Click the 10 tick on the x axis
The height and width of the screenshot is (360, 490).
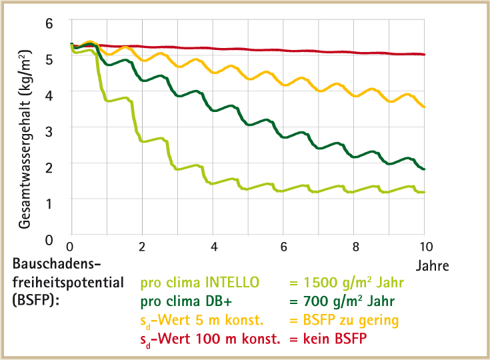425,246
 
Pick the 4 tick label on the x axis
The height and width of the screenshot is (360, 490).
213,246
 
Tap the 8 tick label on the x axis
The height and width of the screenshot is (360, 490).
355,246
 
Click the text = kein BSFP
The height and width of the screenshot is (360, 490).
328,340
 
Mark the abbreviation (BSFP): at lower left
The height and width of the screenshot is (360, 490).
35,301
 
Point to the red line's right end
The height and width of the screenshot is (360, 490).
424,55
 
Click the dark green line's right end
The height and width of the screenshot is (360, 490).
424,169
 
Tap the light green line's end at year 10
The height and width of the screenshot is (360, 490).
424,192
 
